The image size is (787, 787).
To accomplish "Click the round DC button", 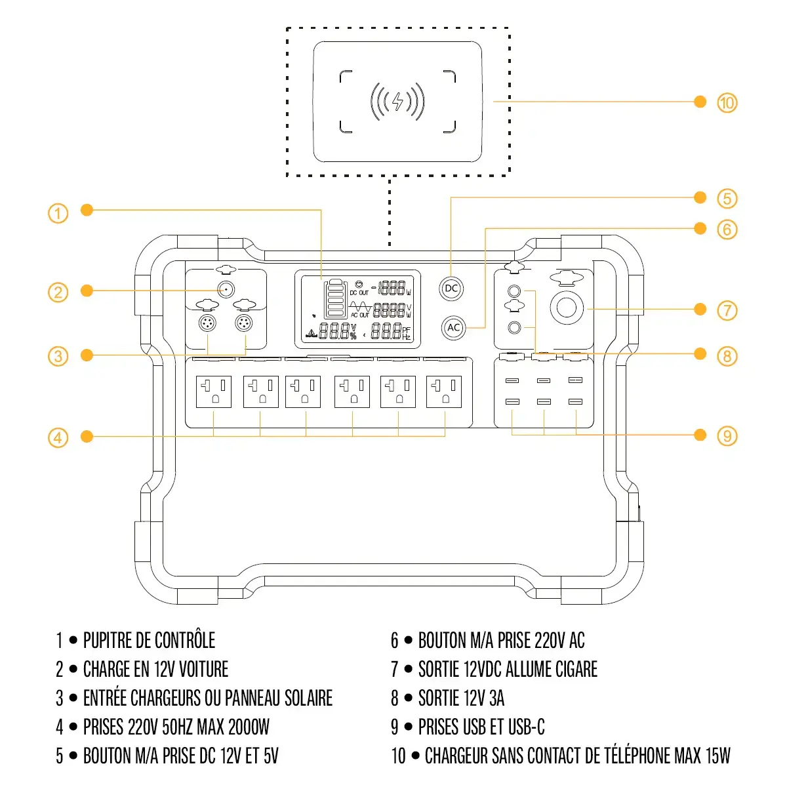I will tap(451, 288).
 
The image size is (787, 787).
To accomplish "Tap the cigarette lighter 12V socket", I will tap(567, 308).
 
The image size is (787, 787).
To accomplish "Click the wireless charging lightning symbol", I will tap(397, 102).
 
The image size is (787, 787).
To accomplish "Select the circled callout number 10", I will tap(727, 103).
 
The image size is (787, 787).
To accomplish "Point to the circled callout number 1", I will tap(58, 213).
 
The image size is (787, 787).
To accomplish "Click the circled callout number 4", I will tap(58, 437).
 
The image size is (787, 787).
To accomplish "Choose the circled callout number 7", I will tap(727, 310).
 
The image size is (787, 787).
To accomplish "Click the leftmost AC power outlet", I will tap(214, 392).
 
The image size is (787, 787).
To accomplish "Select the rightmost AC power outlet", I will tap(445, 392).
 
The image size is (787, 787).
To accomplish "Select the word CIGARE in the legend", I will tap(576, 669).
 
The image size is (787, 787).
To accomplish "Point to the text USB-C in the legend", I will tap(526, 727).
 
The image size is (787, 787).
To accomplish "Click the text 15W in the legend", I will tap(717, 756).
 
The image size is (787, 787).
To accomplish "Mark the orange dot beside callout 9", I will tap(700, 435).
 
